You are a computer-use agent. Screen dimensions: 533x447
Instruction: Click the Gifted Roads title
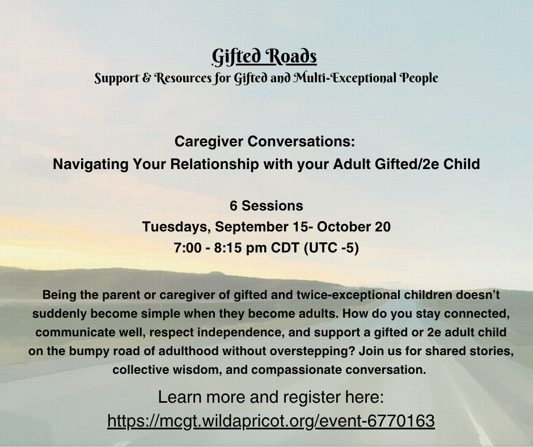point(264,57)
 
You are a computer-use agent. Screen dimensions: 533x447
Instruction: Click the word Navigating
point(91,164)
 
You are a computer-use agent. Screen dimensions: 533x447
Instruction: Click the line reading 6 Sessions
point(266,206)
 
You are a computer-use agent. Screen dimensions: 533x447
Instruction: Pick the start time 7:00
point(188,248)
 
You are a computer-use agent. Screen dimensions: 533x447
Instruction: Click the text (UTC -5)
point(332,248)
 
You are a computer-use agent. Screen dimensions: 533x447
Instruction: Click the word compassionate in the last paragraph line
point(297,370)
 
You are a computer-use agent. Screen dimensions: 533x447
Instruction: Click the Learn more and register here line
point(271,397)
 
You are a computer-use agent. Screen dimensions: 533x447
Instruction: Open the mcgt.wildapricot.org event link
point(271,421)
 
